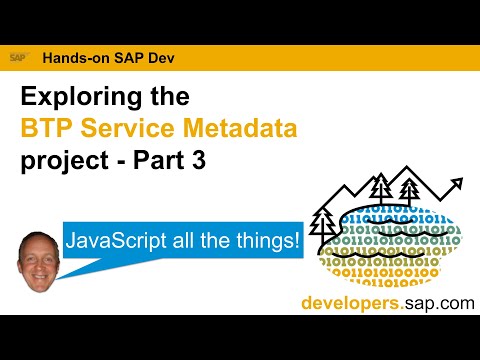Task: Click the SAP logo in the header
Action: (19, 58)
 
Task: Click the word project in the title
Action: (58, 160)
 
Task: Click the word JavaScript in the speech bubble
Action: (116, 242)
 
